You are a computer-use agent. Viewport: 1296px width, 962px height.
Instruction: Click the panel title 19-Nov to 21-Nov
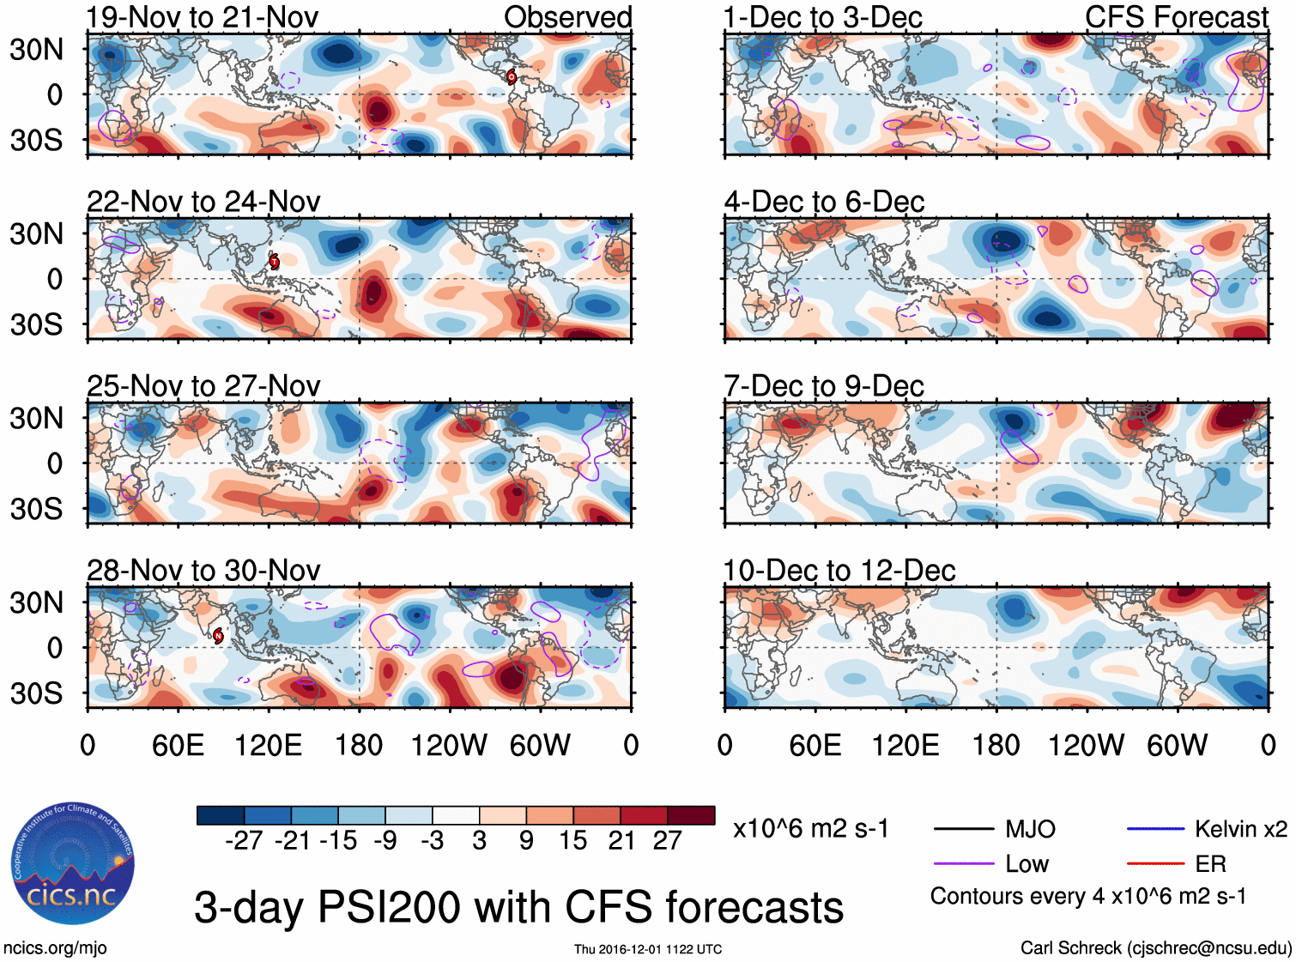click(203, 17)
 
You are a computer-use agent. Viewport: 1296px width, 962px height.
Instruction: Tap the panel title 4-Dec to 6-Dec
click(824, 202)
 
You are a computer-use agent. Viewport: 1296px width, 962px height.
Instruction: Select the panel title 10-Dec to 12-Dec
click(839, 571)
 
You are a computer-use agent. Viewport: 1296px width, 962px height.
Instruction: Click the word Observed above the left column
click(567, 17)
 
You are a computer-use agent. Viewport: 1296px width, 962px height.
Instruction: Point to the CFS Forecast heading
click(1176, 17)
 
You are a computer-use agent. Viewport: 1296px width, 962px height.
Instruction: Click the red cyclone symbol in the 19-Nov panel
click(512, 76)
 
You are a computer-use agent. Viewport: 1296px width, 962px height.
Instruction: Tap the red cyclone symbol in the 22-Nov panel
click(274, 262)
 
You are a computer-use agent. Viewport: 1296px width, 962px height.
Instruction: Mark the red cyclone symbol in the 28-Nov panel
click(218, 635)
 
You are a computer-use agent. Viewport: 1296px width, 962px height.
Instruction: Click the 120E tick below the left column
click(268, 745)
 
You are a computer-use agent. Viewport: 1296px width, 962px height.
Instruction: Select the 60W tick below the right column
click(1177, 745)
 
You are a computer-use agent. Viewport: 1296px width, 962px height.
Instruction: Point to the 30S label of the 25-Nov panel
click(36, 509)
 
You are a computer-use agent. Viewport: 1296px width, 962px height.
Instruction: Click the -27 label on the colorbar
click(244, 840)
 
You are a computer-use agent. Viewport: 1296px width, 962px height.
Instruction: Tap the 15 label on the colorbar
click(572, 840)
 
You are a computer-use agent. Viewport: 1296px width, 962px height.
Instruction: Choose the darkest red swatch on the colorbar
click(691, 815)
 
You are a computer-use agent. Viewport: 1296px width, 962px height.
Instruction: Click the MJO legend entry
click(1029, 829)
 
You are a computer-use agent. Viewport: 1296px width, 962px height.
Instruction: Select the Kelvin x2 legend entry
click(1240, 829)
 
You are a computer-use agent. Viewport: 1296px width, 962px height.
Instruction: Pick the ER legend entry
click(1210, 863)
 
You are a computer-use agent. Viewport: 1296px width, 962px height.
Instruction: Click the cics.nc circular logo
click(73, 863)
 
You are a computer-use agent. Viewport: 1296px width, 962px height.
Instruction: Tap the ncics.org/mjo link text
click(55, 948)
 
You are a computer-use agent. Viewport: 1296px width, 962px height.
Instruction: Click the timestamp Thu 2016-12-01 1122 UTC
click(648, 949)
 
